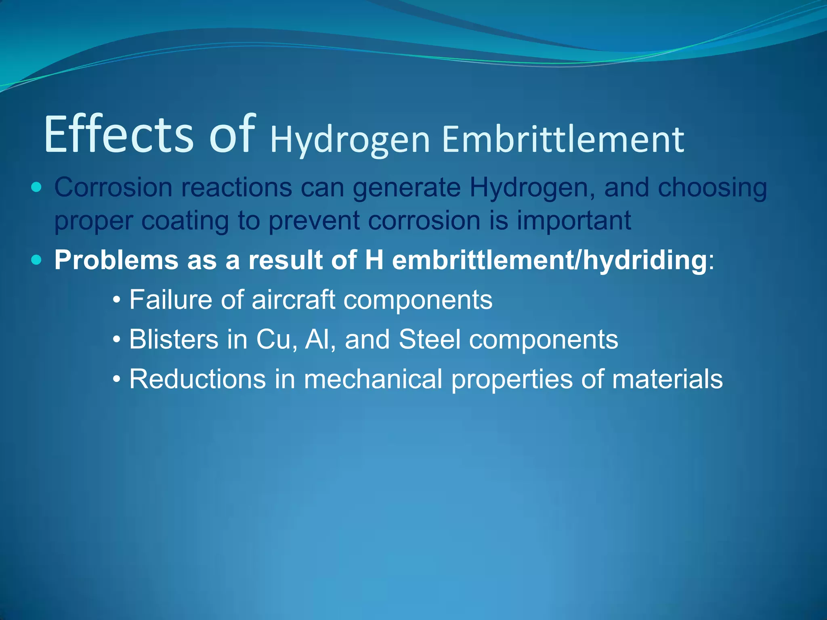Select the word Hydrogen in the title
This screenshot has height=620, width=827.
350,141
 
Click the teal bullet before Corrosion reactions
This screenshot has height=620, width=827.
36,187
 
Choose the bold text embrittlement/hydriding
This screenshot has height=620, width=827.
549,260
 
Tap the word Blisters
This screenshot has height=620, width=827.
174,339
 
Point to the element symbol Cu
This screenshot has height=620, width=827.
273,339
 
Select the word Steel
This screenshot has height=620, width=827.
429,339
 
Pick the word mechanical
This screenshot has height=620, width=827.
373,379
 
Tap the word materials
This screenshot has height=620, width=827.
667,379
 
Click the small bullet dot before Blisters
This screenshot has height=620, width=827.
117,340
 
